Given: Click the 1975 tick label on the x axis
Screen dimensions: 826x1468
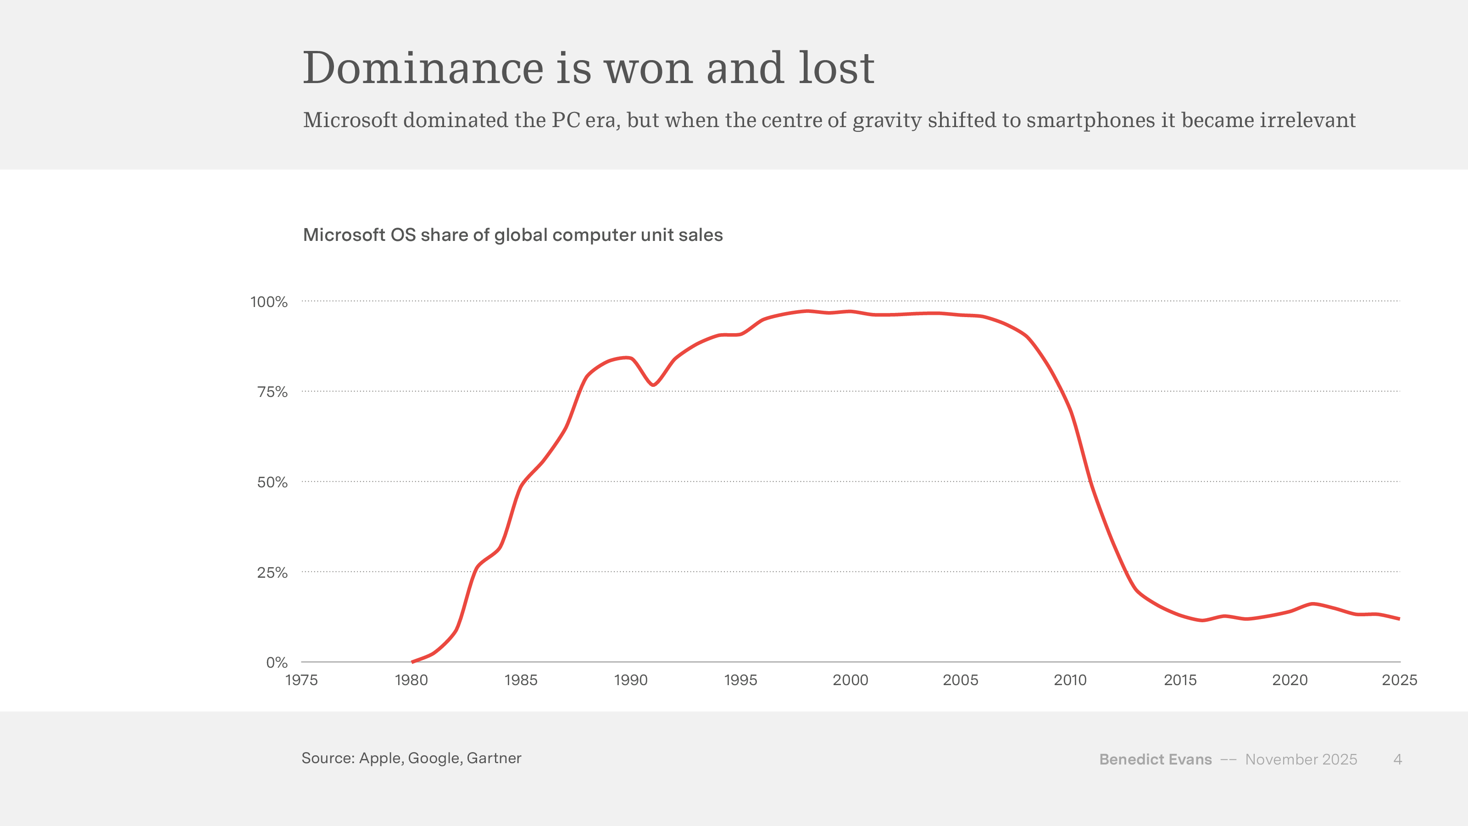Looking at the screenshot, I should (301, 680).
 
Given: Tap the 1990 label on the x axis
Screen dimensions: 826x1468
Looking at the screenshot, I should (631, 680).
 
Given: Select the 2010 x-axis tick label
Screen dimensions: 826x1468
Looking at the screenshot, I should (1070, 680).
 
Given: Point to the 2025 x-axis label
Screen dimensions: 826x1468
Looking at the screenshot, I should (1400, 680).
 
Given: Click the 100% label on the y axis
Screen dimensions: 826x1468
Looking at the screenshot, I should (269, 302).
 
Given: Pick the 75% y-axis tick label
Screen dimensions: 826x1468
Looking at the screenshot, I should (272, 392).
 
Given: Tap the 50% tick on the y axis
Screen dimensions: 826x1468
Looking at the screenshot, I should (272, 483).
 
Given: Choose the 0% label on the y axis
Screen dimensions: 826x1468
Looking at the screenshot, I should (277, 662).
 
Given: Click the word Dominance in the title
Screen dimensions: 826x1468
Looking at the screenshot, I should (423, 68).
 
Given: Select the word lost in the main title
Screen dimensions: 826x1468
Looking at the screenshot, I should (836, 68).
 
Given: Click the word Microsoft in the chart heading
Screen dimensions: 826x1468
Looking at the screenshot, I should (344, 235).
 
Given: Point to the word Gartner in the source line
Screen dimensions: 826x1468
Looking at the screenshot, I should (494, 758).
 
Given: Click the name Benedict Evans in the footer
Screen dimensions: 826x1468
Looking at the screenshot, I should (1155, 759).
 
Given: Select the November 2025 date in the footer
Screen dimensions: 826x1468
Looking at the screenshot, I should (1301, 759).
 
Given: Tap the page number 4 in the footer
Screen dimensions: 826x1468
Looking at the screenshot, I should (1397, 759).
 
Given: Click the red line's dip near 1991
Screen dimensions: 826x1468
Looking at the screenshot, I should (653, 385).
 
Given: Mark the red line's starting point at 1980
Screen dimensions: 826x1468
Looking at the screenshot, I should (412, 662).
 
